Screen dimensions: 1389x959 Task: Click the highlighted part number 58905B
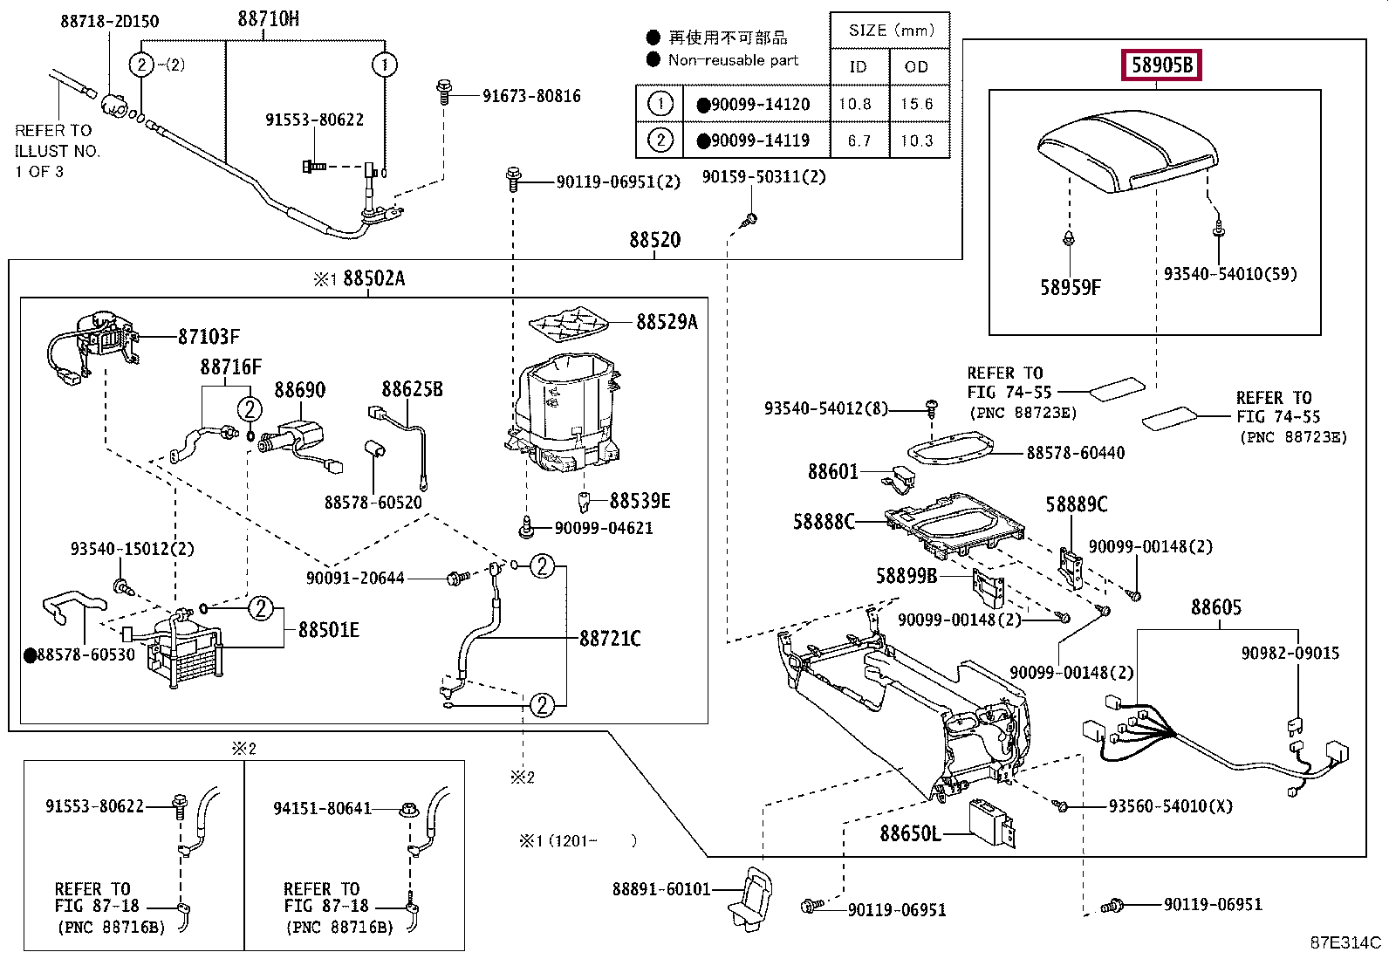(x=1161, y=65)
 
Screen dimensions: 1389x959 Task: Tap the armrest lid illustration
(x=1126, y=151)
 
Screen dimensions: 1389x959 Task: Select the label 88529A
(x=667, y=322)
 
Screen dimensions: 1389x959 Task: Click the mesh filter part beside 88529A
(x=568, y=324)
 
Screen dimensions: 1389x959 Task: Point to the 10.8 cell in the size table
(x=855, y=104)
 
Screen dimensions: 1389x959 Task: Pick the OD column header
(x=916, y=67)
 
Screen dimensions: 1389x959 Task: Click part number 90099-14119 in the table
(x=760, y=140)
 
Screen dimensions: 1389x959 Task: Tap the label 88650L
(x=910, y=833)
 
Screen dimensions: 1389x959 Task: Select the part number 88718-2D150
(x=110, y=21)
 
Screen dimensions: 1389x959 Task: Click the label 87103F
(x=209, y=337)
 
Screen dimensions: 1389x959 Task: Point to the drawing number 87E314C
(x=1345, y=942)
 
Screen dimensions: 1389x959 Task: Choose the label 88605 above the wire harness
(x=1216, y=607)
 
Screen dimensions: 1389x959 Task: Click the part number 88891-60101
(x=661, y=889)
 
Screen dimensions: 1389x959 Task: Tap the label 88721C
(x=610, y=638)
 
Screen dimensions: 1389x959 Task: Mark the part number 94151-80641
(x=323, y=808)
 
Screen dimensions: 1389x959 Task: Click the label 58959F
(x=1071, y=287)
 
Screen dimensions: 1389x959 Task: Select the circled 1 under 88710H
(x=385, y=65)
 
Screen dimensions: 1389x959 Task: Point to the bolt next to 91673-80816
(x=444, y=92)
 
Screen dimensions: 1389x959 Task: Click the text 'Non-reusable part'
(x=733, y=60)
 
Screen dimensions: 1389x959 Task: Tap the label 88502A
(x=374, y=278)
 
